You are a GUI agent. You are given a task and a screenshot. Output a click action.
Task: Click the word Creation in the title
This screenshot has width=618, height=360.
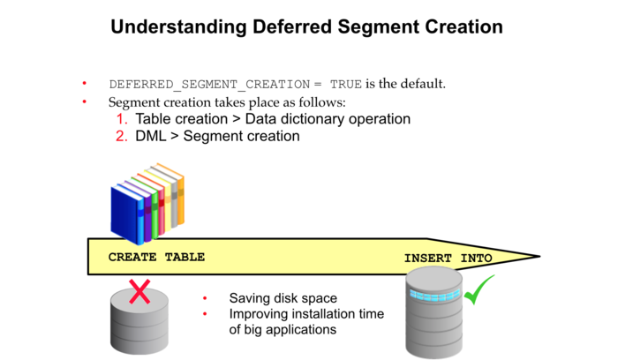click(459, 26)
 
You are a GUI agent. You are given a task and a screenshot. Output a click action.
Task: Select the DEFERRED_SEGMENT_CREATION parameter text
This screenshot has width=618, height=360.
click(208, 85)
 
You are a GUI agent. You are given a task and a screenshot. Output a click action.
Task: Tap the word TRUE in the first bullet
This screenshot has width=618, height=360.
click(345, 85)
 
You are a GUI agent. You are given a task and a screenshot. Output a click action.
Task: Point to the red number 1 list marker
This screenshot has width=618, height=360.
click(122, 118)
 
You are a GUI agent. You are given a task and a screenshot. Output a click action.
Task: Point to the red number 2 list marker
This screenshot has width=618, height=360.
click(122, 136)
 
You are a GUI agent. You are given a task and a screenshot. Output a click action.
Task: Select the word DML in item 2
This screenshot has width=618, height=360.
click(151, 136)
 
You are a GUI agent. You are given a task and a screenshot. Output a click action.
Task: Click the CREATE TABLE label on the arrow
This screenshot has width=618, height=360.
click(156, 257)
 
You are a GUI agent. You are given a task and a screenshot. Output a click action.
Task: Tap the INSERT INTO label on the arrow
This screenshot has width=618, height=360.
click(448, 258)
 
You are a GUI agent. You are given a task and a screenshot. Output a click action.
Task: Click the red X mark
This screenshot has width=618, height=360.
click(139, 292)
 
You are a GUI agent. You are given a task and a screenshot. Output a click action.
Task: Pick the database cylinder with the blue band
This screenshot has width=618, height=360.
click(436, 313)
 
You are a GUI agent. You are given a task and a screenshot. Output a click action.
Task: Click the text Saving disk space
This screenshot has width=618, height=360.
click(283, 298)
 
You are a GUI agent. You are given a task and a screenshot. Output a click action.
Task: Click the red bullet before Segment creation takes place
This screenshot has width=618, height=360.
click(85, 101)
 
